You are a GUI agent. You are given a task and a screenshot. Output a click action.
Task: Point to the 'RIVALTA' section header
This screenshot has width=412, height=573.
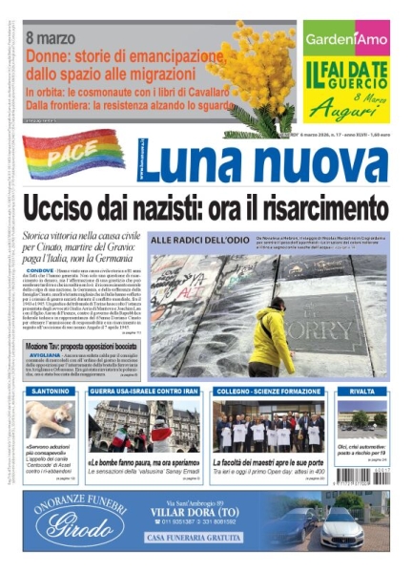362,392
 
